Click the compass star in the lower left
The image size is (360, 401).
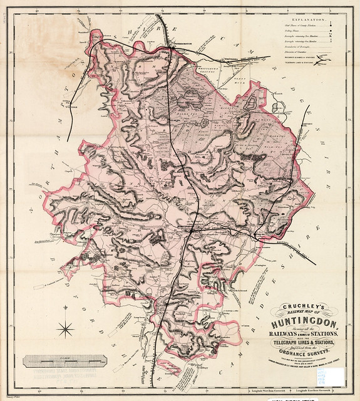pyautogui.click(x=63, y=328)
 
